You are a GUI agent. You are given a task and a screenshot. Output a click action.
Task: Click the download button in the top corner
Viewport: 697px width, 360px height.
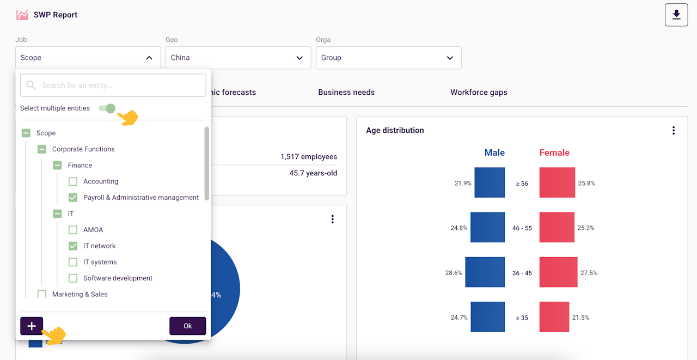pos(676,15)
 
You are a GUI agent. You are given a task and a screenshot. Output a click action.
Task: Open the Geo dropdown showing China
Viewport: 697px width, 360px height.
pos(238,58)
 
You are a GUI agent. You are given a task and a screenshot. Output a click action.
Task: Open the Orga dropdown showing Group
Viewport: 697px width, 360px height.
pos(388,58)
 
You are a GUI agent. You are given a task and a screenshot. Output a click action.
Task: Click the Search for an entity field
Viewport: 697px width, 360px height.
pos(113,86)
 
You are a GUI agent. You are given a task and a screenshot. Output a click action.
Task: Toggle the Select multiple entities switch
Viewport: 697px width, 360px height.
pos(107,108)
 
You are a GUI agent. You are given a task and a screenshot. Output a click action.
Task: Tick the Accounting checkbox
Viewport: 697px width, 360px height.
pos(73,181)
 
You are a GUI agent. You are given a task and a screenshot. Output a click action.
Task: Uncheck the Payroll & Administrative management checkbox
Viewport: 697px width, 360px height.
pos(73,198)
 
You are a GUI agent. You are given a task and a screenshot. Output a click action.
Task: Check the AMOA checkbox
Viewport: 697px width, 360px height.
pos(73,230)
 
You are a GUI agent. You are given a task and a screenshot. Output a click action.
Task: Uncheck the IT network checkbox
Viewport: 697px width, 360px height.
pos(73,246)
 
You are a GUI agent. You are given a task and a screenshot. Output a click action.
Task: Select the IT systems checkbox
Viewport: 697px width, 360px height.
pos(73,263)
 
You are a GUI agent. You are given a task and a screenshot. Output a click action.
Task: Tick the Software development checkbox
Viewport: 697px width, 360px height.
pos(73,278)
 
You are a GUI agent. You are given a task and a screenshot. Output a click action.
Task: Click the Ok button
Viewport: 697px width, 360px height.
pos(188,326)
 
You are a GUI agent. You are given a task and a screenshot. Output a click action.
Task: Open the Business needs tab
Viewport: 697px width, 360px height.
pos(346,93)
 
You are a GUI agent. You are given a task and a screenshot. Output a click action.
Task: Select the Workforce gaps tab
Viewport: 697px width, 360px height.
pos(479,93)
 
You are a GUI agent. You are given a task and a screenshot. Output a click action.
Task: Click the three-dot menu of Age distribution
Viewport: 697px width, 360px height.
pos(674,130)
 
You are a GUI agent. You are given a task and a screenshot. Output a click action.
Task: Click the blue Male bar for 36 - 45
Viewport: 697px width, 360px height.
pos(485,272)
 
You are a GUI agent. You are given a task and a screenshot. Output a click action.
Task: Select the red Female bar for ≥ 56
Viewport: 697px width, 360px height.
pos(557,182)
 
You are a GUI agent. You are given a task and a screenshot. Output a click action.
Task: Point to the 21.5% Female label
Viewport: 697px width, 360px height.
pos(580,318)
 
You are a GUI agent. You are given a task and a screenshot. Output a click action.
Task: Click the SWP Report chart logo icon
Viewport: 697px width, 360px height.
pos(22,15)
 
